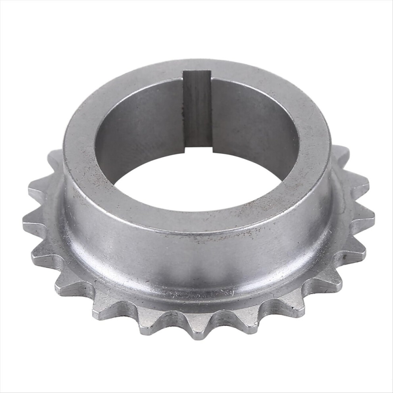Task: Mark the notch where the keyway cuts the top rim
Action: (x=197, y=74)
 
